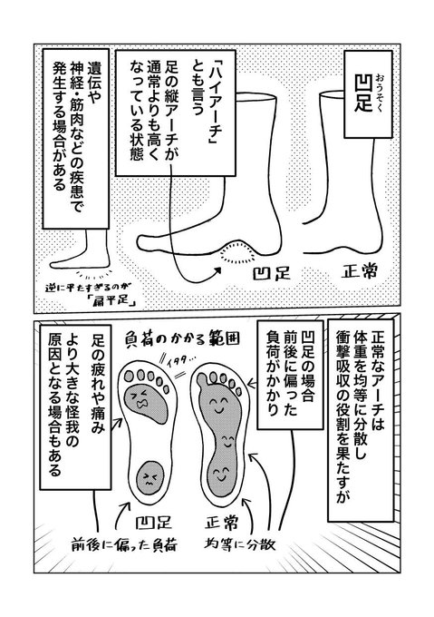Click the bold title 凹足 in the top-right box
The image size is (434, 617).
coord(363,93)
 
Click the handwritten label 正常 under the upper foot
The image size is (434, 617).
coord(359,271)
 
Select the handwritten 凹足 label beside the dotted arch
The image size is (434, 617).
coord(272,273)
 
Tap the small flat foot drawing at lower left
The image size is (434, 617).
coord(82,250)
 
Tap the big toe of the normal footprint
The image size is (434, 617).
coord(202,379)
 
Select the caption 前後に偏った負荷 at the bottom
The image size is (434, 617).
coord(124,545)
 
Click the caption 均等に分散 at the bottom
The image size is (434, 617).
coord(240,544)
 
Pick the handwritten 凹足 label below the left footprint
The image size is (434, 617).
coord(153,522)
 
